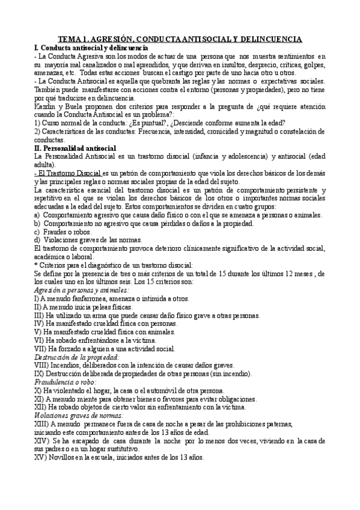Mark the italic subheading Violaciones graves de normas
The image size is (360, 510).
[x=79, y=415]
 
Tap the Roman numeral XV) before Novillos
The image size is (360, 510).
[x=40, y=456]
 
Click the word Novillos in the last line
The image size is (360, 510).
[x=63, y=456]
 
